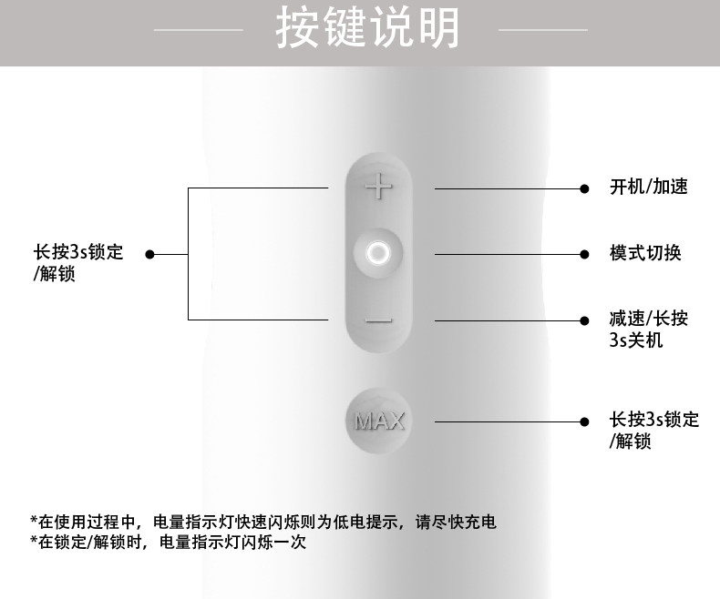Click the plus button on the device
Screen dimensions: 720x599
(377, 188)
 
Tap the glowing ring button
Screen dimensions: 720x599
(377, 253)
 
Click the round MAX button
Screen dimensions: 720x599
(378, 421)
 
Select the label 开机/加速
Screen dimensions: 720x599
(648, 188)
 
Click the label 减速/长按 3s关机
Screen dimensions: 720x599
(648, 330)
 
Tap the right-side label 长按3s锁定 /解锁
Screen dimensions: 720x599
(653, 431)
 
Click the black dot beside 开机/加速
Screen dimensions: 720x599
(584, 188)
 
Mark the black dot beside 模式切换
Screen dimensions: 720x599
(584, 253)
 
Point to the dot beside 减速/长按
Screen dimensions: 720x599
(584, 320)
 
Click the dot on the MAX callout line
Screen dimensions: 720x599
(584, 421)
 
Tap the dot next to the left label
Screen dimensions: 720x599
(150, 254)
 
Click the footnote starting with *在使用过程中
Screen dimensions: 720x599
(263, 523)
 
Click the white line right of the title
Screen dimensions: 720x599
(543, 30)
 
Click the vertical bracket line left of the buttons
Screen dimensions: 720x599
(189, 254)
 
